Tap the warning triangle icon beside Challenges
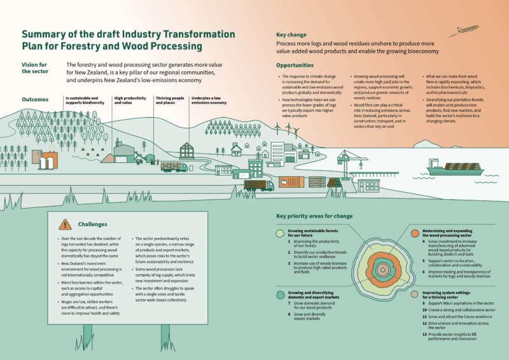click(x=64, y=225)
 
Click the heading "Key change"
click(x=291, y=35)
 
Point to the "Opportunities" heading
click(x=295, y=66)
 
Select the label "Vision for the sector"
click(x=34, y=67)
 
